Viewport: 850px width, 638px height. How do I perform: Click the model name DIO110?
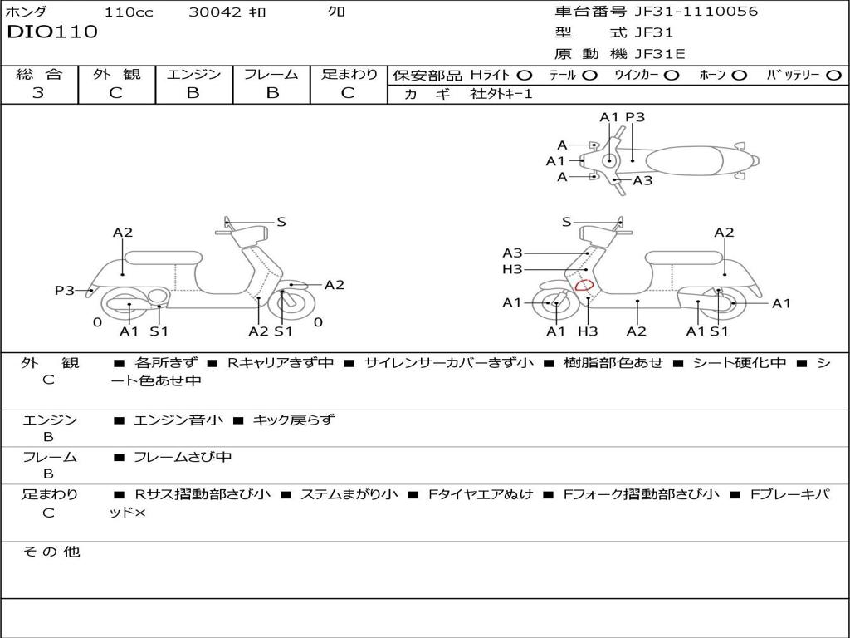(x=52, y=32)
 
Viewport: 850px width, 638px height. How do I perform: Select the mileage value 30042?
(x=215, y=12)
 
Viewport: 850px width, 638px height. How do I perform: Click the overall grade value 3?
(x=38, y=93)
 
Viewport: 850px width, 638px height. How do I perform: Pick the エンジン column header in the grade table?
(x=193, y=75)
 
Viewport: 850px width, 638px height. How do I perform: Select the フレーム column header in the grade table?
(x=271, y=75)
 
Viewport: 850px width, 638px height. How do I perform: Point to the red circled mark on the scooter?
(x=584, y=286)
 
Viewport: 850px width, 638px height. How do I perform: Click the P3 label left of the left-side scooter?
(x=65, y=290)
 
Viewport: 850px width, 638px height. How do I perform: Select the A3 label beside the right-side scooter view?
(x=512, y=253)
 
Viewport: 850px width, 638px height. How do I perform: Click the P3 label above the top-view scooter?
(x=635, y=117)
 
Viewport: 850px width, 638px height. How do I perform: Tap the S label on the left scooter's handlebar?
(x=281, y=222)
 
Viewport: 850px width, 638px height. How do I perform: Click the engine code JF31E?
(x=660, y=54)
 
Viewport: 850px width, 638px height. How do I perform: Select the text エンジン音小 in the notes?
(x=178, y=420)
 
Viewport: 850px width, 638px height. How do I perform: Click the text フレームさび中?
(x=183, y=457)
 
